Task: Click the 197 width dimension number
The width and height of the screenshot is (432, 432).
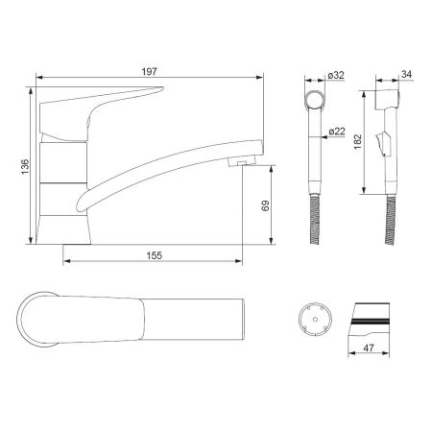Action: click(x=150, y=72)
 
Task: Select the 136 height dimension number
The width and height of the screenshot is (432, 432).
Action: click(x=25, y=167)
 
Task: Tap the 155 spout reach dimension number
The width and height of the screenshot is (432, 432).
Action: click(x=155, y=255)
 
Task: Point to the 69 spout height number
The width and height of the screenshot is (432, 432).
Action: click(x=265, y=205)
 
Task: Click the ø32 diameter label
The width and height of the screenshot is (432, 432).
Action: click(x=336, y=75)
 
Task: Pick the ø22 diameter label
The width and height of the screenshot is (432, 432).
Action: click(x=337, y=132)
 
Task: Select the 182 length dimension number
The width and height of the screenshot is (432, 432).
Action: click(x=358, y=141)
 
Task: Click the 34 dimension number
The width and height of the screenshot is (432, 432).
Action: click(x=406, y=74)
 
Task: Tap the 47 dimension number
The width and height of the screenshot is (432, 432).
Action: click(x=369, y=348)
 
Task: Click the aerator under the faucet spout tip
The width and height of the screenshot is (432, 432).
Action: click(x=242, y=161)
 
